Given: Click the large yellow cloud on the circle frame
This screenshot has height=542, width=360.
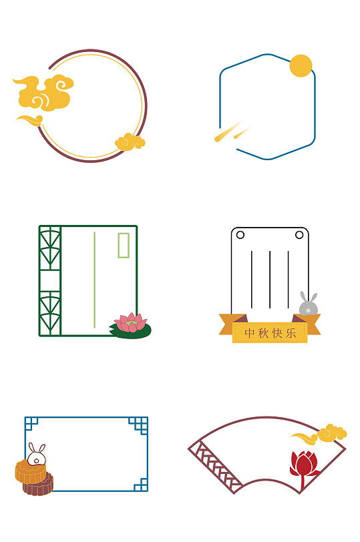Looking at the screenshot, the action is pos(45,93).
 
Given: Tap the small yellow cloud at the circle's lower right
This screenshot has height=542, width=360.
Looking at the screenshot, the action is pos(130,142).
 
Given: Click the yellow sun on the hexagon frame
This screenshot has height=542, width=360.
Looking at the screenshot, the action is pos(301,65).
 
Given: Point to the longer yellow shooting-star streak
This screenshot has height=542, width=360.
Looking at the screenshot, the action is pos(229,131).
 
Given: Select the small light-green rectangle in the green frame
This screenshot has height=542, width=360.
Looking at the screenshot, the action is pos(124,245).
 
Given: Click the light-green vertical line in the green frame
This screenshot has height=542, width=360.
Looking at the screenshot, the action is pos(94,280).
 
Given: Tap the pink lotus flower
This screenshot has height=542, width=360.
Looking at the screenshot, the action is pos(131,322).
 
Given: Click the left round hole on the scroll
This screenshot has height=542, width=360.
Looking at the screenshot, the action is pos(240,235).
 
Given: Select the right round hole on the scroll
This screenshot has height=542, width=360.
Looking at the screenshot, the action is pos(299,235).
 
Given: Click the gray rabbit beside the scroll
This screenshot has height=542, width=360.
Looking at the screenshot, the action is pos(308,304).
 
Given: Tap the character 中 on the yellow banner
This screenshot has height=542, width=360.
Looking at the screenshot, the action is pos(249,333).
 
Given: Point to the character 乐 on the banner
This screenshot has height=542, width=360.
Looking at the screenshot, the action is pos(291,333).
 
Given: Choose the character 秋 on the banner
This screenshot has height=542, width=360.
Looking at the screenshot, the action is pos(263,333).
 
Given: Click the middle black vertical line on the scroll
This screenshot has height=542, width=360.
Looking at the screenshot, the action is pos(270,280).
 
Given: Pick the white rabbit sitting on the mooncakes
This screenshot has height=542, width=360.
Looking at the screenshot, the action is pos(36,455).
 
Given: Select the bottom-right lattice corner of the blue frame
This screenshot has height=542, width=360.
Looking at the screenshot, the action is pos(141,485).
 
